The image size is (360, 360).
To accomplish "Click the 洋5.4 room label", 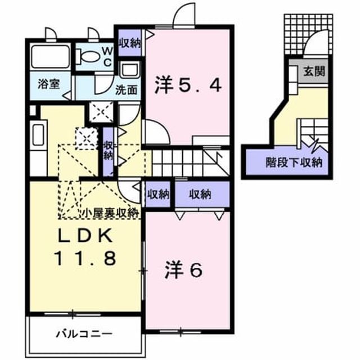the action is (188, 85).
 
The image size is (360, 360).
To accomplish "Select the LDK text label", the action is (85, 236).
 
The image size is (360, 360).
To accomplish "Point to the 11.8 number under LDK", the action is (85, 258).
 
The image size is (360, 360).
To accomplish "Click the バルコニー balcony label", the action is (84, 334).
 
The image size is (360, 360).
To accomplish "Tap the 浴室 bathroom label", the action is (49, 84).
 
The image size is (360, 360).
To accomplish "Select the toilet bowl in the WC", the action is (89, 56).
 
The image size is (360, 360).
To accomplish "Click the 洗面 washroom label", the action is (127, 90).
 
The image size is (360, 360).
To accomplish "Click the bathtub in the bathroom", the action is (50, 57).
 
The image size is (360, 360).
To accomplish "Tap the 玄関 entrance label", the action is (314, 71).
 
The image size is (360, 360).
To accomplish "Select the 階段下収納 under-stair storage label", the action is (294, 163).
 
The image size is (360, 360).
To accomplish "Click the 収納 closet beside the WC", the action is (130, 43).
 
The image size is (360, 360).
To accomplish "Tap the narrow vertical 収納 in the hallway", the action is (108, 151).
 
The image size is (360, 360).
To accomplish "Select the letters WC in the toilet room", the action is (107, 56).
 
